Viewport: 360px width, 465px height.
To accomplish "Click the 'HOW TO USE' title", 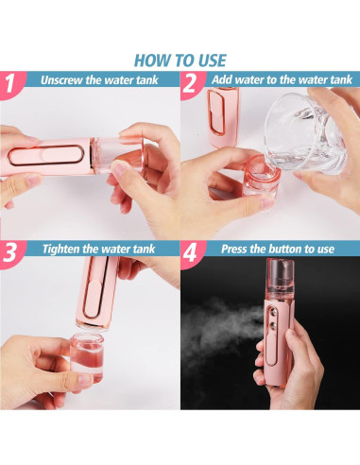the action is tap(180, 60).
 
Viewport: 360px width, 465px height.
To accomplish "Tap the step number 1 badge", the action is tap(9, 83).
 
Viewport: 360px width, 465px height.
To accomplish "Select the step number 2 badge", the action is tap(190, 83).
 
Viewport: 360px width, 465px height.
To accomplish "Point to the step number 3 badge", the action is tap(9, 252).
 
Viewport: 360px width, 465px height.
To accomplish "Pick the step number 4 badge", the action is tap(190, 252).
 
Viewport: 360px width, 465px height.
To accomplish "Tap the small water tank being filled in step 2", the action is tap(261, 177).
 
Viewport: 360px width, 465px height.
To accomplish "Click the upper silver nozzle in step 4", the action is tap(274, 312).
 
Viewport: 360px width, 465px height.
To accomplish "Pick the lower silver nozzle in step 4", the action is tap(273, 326).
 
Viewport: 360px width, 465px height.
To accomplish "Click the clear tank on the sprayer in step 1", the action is tap(117, 155).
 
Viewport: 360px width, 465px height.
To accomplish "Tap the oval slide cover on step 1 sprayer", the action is tap(46, 155).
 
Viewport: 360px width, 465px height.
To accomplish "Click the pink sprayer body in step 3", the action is tap(97, 292).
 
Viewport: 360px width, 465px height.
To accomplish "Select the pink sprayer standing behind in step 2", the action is tap(223, 117).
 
